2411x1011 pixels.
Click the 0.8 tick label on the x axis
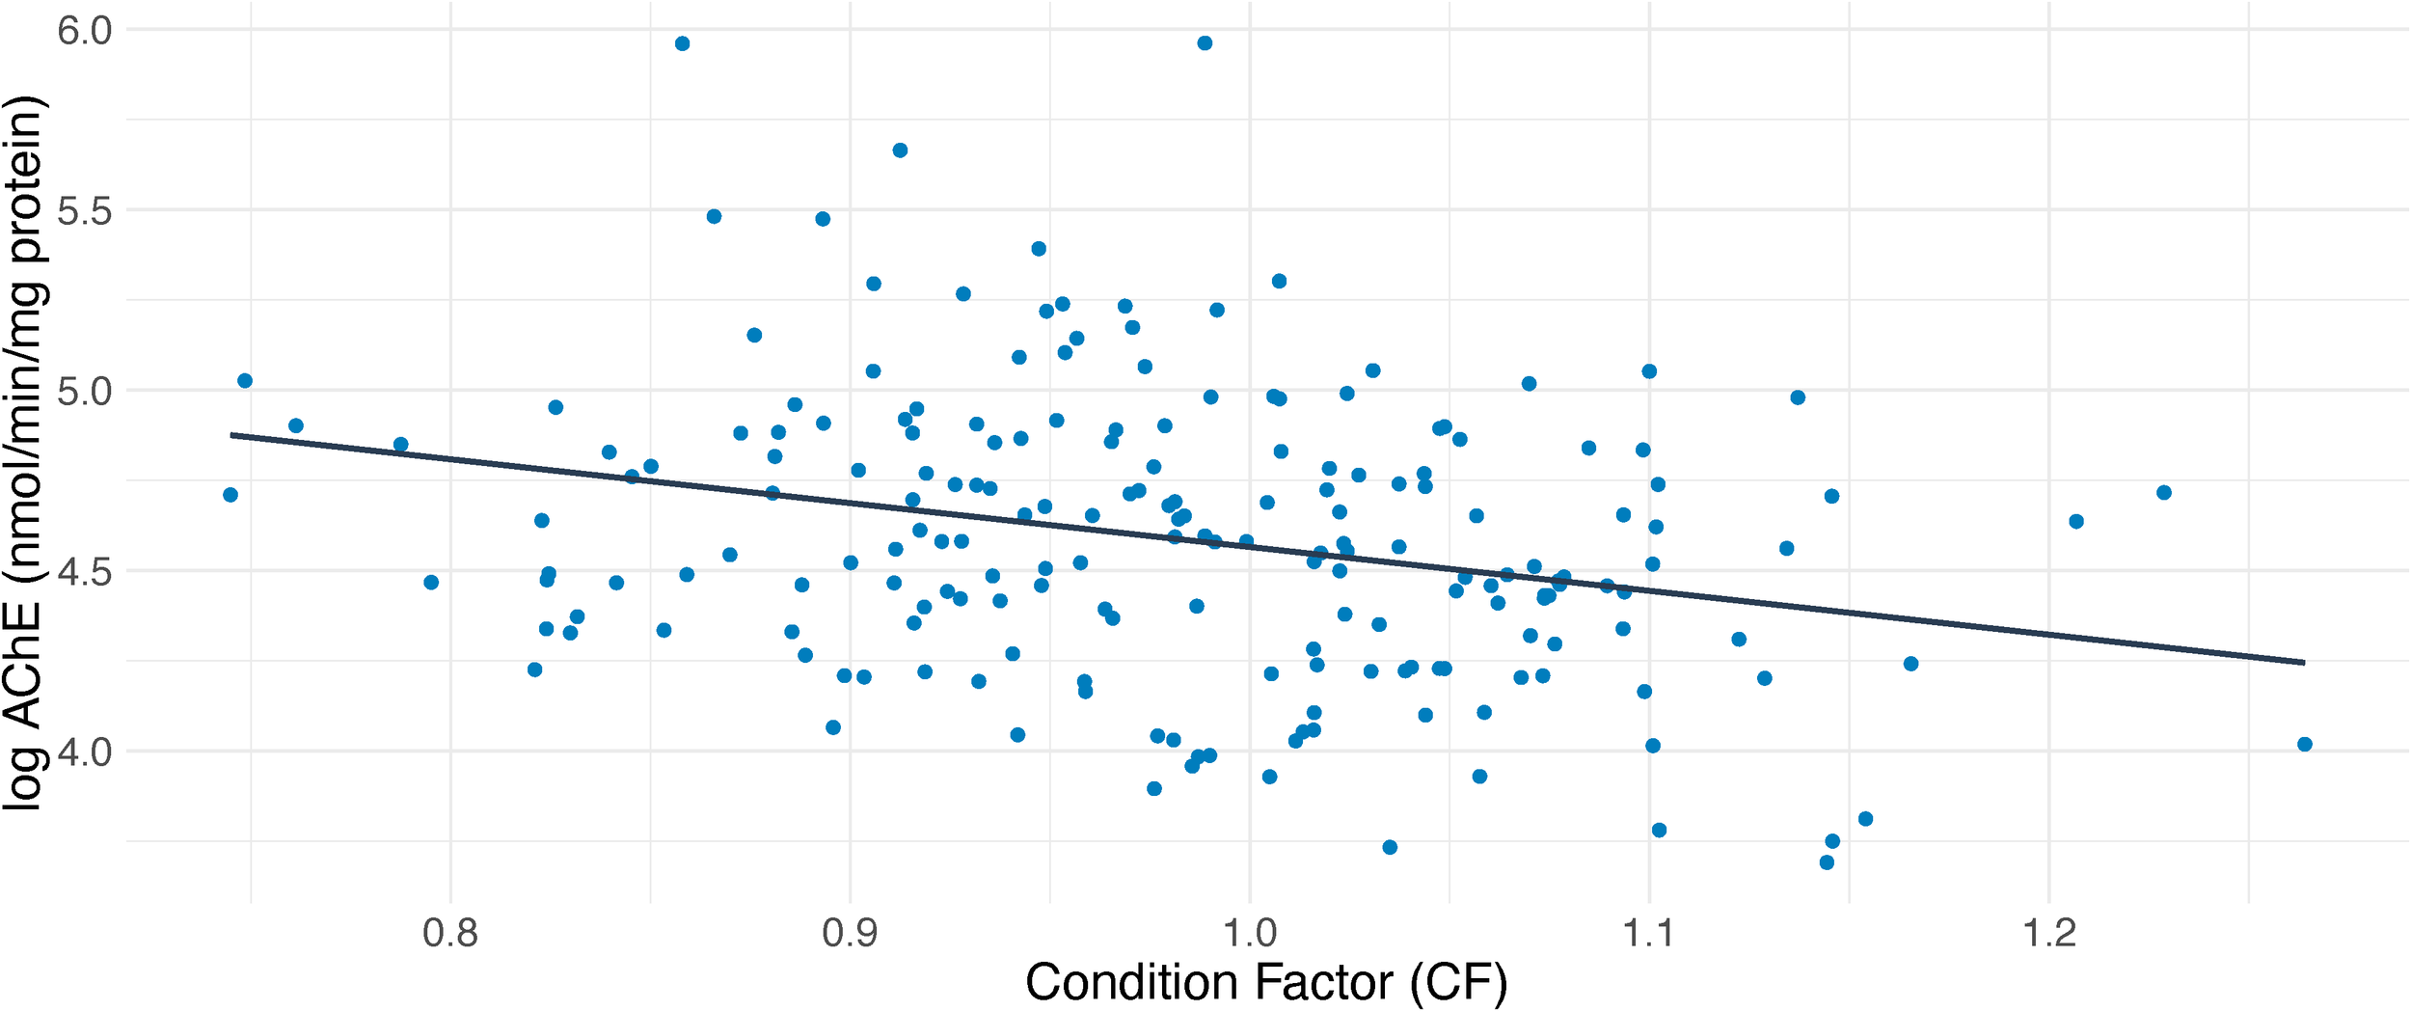point(450,934)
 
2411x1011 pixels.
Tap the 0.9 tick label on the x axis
point(850,934)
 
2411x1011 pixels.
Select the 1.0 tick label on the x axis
point(1250,934)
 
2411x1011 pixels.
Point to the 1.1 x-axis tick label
point(1649,934)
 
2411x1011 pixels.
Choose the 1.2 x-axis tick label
point(2048,934)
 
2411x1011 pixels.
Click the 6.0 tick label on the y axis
point(85,30)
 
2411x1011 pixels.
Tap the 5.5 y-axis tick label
point(85,210)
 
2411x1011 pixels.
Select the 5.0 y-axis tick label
point(85,391)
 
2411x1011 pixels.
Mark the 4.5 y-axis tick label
point(85,571)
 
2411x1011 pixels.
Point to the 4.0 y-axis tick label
point(85,751)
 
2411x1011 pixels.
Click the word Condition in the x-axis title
point(1116,983)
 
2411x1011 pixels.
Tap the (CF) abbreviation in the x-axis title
point(1458,983)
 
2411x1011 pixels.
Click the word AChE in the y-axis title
point(23,666)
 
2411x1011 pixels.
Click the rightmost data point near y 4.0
point(2305,744)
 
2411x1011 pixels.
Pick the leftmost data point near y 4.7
point(230,495)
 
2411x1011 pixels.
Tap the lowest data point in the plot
point(1827,862)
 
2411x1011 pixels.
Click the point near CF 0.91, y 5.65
point(900,150)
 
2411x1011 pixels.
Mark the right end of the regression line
point(2304,663)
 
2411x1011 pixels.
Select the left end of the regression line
point(231,435)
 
